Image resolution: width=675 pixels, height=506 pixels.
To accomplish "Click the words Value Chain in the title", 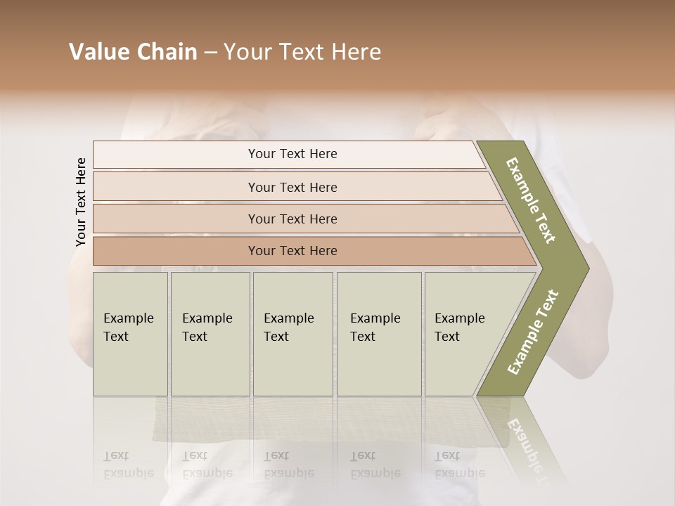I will click(x=133, y=52).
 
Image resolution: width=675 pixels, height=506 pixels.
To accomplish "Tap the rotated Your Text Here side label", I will click(x=81, y=202).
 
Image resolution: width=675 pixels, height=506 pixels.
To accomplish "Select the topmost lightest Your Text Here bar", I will click(x=292, y=154).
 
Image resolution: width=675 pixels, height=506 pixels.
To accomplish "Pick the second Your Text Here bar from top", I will click(x=292, y=187).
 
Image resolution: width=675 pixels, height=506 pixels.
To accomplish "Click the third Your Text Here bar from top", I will click(x=292, y=219).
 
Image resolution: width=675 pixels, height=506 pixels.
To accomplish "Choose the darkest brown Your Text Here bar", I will click(x=292, y=251).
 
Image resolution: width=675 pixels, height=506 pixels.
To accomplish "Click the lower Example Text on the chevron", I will click(x=533, y=332).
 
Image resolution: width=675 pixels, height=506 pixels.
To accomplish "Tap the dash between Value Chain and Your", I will click(x=210, y=53).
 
